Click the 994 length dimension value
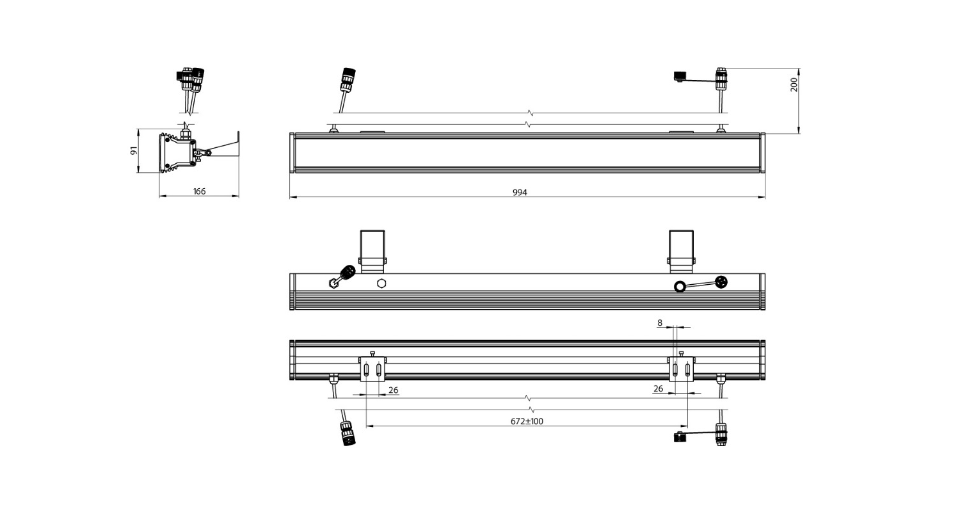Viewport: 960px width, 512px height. [520, 193]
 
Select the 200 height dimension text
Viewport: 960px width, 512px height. [794, 84]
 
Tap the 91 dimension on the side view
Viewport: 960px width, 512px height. [134, 150]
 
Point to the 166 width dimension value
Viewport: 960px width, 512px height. [199, 191]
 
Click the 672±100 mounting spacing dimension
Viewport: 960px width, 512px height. [527, 421]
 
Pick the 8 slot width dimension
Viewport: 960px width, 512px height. [660, 323]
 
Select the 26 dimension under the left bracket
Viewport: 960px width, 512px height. [393, 390]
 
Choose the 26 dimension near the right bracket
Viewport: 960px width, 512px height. [658, 388]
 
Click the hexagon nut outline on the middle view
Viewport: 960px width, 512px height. [381, 284]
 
